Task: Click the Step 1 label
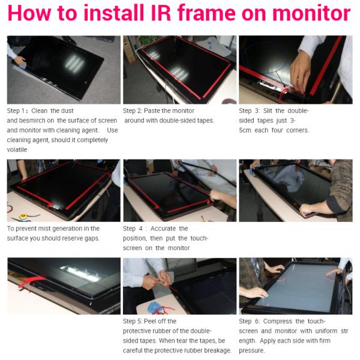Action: click(x=17, y=111)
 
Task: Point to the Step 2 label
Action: click(x=134, y=111)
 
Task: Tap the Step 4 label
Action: click(x=135, y=229)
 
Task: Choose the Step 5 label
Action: click(x=134, y=322)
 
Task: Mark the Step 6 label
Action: click(x=251, y=322)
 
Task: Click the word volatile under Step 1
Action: click(x=17, y=149)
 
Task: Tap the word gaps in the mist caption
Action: click(x=91, y=238)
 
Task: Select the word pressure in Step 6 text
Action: click(x=251, y=350)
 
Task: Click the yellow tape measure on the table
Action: click(x=23, y=215)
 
